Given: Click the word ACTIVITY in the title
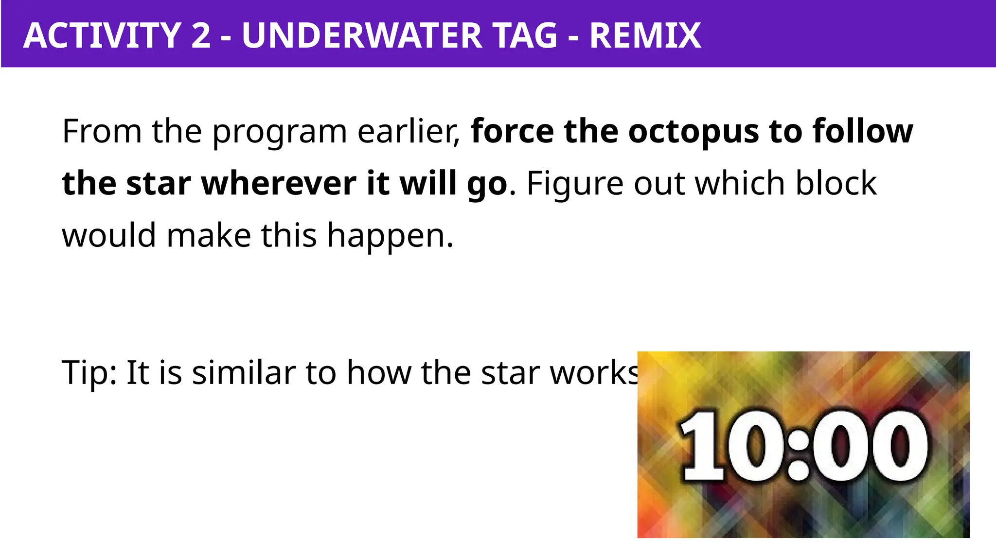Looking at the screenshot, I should (x=103, y=35).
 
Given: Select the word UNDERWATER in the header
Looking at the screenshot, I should (x=362, y=35).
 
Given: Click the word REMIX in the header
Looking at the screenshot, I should (x=645, y=35).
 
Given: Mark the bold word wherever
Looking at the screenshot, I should (x=279, y=183).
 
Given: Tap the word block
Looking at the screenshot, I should (x=836, y=183).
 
